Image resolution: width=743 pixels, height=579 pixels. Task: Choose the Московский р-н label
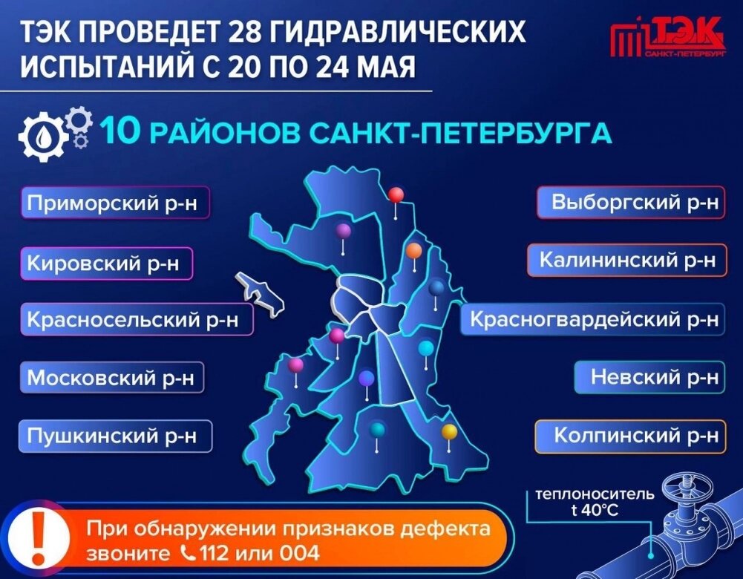coord(111,378)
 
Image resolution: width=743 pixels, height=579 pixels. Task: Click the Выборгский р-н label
coord(630,203)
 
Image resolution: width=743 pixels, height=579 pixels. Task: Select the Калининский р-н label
coord(627,261)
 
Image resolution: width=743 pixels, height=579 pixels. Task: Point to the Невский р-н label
coord(649,377)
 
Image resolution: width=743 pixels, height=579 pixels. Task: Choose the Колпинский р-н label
coord(630,435)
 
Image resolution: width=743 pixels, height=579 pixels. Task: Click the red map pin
coord(396,195)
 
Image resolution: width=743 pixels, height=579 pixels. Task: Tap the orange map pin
coord(414,251)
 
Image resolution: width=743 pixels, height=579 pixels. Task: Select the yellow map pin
coord(449,431)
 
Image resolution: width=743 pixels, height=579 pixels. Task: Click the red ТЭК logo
coord(666,38)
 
